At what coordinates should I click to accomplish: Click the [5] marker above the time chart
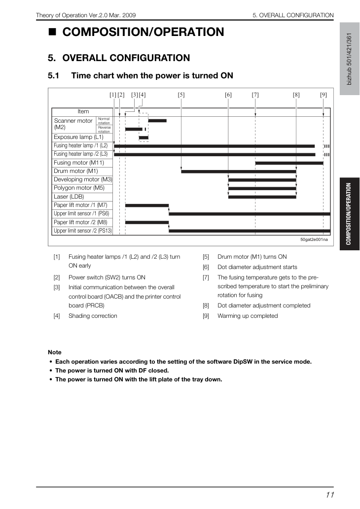[181, 95]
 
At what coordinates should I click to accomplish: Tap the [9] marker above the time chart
[324, 95]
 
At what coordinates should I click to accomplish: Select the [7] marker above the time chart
[255, 95]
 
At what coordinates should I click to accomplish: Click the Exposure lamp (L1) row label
[78, 137]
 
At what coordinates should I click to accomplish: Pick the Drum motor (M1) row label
[76, 171]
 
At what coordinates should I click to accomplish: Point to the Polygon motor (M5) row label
[79, 188]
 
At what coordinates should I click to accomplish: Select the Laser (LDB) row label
[69, 197]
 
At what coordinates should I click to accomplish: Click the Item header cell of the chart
[83, 111]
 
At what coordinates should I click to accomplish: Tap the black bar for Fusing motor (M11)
[289, 163]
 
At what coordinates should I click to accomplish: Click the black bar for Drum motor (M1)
[239, 171]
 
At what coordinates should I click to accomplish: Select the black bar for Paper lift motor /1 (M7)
[147, 205]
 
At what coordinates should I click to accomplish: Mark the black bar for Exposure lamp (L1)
[144, 137]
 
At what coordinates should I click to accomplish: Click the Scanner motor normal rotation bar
[157, 121]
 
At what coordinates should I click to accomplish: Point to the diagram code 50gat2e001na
[314, 239]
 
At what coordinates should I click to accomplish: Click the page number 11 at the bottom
[330, 495]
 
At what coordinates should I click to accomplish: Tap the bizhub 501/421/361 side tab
[350, 59]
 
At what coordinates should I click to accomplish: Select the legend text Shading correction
[93, 316]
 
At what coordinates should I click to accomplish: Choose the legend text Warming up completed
[248, 316]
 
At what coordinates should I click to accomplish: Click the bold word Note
[55, 352]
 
